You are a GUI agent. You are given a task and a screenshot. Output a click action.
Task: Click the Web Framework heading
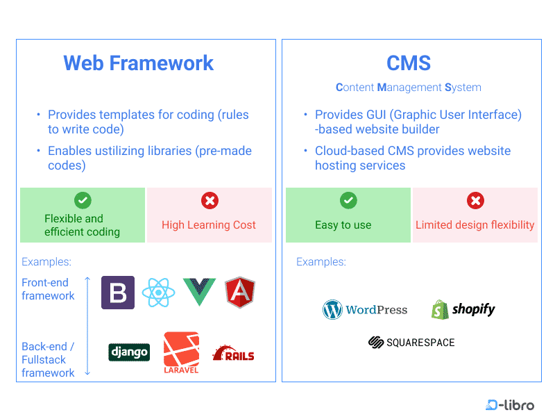tap(139, 63)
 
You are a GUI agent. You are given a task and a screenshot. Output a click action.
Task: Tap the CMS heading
tap(409, 63)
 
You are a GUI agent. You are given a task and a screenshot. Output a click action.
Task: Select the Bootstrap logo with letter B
tap(118, 293)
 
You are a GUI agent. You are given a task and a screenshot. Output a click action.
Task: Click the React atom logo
tap(159, 293)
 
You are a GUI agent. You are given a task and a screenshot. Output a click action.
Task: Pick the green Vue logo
tap(199, 293)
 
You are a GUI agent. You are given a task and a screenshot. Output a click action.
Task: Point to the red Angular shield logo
tap(240, 293)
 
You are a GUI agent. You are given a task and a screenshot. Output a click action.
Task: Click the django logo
tap(129, 352)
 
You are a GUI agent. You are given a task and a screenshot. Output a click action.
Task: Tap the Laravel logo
tap(181, 352)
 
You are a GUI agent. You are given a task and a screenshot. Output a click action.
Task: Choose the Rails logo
tap(234, 354)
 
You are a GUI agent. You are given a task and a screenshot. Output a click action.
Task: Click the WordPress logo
tap(365, 310)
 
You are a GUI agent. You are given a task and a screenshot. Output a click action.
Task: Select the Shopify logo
tap(463, 309)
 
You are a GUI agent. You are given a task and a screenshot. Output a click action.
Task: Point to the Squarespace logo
tap(411, 343)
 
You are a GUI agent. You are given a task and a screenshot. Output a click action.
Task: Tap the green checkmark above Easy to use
tap(348, 201)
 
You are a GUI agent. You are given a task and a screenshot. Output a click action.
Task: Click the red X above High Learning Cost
tap(209, 201)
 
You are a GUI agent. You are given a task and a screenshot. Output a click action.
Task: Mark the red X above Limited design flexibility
tap(475, 201)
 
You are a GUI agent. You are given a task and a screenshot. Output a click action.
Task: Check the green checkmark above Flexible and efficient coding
tap(83, 201)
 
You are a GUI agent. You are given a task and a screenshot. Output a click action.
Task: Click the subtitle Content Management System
tap(409, 88)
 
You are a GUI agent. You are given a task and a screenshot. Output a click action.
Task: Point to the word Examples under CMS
tap(321, 262)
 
